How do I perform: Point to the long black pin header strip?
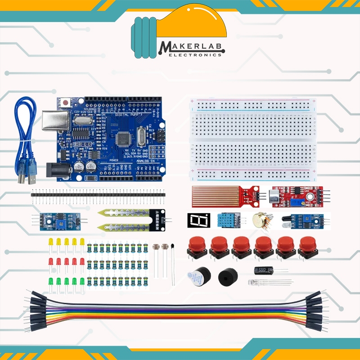[98, 195]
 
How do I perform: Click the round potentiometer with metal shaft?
[258, 220]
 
